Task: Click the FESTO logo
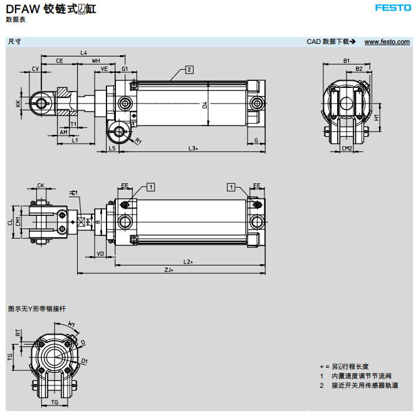click(392, 8)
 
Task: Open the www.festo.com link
click(387, 41)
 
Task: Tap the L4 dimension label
click(84, 52)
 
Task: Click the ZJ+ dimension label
click(169, 270)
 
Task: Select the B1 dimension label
click(346, 60)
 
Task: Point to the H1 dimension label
click(376, 117)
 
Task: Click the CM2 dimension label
click(347, 148)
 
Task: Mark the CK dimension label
click(41, 185)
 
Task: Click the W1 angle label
click(71, 324)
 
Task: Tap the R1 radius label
click(138, 141)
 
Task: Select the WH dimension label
click(96, 60)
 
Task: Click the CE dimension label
click(59, 60)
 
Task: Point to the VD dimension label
click(100, 254)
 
